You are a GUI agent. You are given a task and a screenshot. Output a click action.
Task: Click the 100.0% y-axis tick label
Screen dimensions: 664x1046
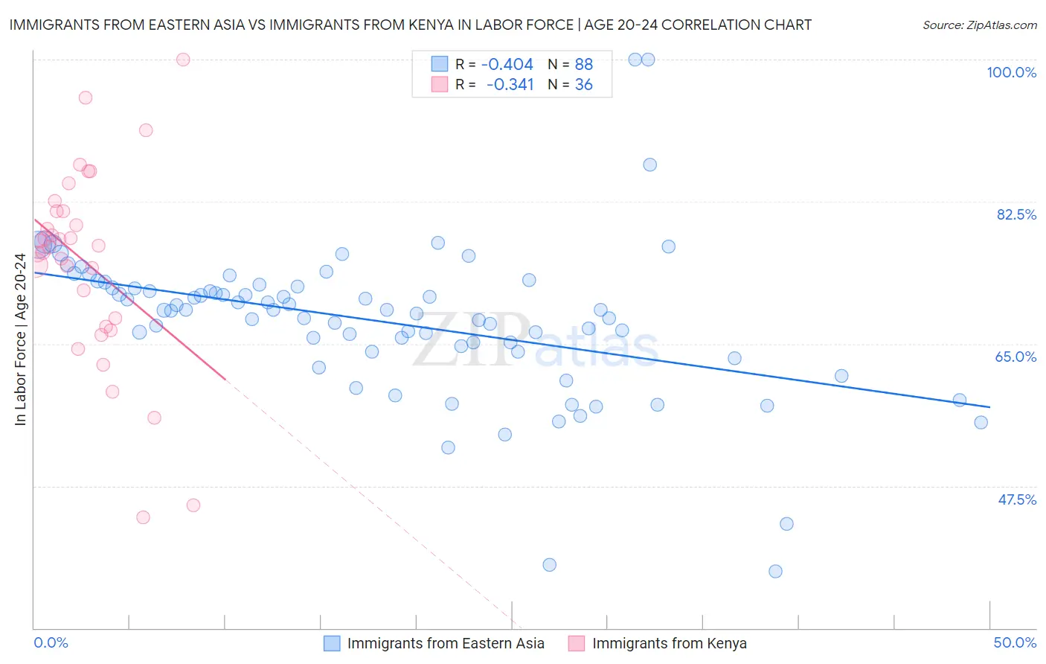(1011, 72)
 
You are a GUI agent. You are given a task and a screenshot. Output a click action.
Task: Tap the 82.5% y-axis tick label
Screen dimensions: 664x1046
(1015, 214)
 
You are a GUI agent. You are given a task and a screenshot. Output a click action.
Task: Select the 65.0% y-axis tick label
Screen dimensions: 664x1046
(1015, 357)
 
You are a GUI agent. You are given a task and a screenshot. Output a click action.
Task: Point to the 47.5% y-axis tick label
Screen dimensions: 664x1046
(1016, 499)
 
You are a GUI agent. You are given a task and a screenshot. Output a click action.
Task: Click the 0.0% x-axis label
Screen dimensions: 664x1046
(51, 642)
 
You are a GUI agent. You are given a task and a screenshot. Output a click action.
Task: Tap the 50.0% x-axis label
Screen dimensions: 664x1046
(1015, 642)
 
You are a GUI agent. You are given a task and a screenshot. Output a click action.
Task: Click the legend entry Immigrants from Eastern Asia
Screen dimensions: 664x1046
(445, 643)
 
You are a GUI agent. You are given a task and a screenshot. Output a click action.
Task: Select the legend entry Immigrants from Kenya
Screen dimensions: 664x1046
(669, 643)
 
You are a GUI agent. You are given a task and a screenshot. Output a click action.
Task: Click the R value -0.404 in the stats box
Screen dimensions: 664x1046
(507, 65)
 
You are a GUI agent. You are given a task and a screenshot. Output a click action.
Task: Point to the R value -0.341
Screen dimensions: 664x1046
(510, 85)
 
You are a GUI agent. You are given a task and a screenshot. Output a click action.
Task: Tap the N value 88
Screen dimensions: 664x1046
(584, 65)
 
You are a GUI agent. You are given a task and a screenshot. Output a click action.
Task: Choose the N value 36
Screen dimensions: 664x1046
(584, 85)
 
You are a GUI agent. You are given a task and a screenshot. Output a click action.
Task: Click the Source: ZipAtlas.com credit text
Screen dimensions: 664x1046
(979, 25)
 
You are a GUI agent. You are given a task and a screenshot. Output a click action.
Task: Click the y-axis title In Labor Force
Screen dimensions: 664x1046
(20, 339)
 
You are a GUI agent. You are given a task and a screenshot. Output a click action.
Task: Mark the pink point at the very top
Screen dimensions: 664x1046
(183, 60)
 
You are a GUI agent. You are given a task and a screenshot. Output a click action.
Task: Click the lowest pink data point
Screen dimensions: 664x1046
(143, 517)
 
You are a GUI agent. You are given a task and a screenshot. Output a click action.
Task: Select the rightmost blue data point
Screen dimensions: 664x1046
(981, 423)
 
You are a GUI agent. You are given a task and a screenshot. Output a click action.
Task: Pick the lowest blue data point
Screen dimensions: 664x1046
(775, 572)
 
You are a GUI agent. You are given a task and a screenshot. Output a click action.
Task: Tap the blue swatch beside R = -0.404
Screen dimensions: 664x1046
(440, 65)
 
